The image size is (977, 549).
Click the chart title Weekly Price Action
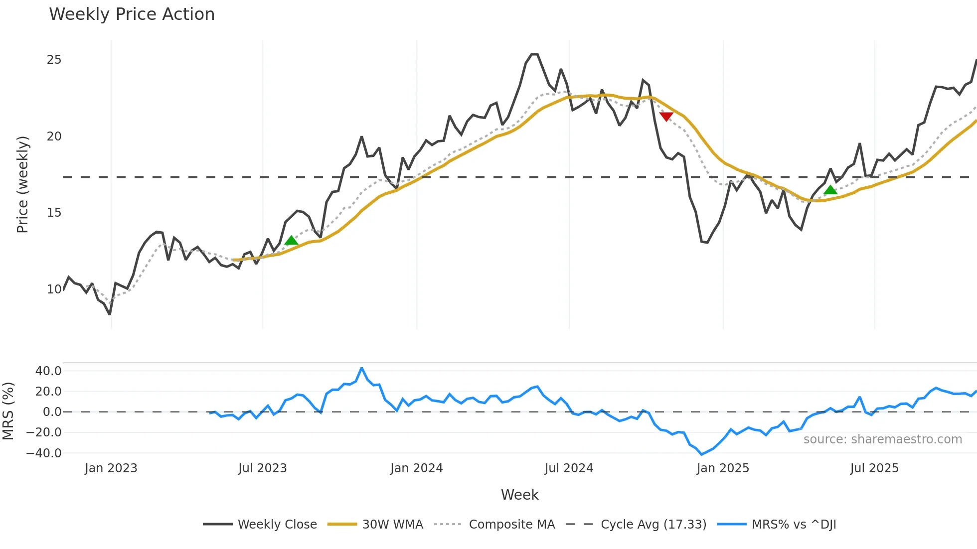coord(132,14)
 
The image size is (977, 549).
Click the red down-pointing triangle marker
coord(666,116)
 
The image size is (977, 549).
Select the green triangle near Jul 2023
coord(291,241)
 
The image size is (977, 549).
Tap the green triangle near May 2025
coord(830,190)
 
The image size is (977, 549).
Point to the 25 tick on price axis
coord(54,60)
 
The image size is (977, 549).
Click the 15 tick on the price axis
coord(54,213)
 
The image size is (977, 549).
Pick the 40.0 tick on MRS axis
coord(48,371)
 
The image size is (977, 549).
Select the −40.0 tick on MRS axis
coord(44,453)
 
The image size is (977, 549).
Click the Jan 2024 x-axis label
coord(416,468)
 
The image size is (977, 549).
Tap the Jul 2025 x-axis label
coord(874,468)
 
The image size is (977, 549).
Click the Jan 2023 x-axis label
coord(111,468)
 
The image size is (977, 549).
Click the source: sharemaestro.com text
coord(882,439)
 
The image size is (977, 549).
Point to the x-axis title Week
coord(519,495)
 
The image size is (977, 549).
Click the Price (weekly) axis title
coord(22,184)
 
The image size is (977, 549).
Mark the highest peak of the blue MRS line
coord(361,368)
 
